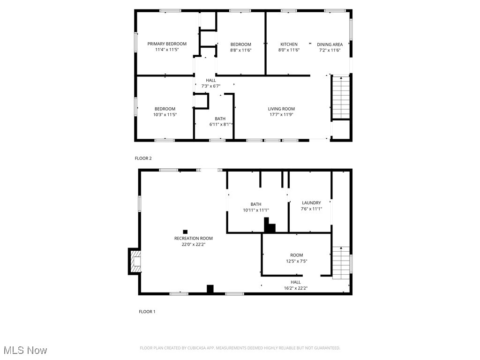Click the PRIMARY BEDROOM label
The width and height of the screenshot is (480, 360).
pyautogui.click(x=167, y=44)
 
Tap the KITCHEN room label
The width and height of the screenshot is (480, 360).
pyautogui.click(x=289, y=44)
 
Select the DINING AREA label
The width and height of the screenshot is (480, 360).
pyautogui.click(x=330, y=45)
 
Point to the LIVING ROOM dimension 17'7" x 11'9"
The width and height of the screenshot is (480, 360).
pyautogui.click(x=281, y=115)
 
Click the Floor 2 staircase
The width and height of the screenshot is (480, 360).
pyautogui.click(x=341, y=97)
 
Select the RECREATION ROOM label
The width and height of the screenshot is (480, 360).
pyautogui.click(x=194, y=238)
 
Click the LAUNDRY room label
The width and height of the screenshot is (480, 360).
pyautogui.click(x=311, y=203)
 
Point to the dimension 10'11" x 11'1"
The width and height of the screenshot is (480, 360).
pyautogui.click(x=256, y=210)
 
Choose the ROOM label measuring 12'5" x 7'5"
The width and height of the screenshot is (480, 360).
pyautogui.click(x=296, y=255)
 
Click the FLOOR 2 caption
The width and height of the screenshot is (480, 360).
pyautogui.click(x=143, y=158)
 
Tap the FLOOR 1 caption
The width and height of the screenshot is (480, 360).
pyautogui.click(x=147, y=312)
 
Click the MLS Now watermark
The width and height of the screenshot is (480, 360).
pyautogui.click(x=25, y=350)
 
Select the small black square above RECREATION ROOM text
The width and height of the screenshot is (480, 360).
pyautogui.click(x=185, y=232)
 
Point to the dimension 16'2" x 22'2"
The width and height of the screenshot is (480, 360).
pyautogui.click(x=295, y=288)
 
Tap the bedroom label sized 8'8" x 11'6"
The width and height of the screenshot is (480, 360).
pyautogui.click(x=240, y=45)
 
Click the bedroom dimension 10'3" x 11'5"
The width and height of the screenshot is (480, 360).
pyautogui.click(x=165, y=114)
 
